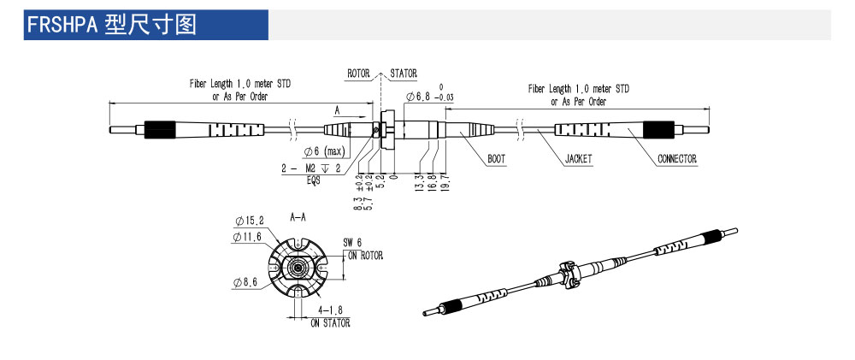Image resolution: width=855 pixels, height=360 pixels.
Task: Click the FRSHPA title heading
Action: point(112,25)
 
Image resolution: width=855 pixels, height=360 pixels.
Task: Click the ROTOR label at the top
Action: point(358,73)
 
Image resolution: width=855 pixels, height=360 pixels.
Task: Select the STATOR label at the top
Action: point(404,73)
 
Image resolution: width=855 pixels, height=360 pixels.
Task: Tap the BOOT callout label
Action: point(496,159)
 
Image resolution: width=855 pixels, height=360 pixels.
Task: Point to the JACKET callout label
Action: point(579,159)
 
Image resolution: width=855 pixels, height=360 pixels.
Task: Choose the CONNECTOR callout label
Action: point(676,159)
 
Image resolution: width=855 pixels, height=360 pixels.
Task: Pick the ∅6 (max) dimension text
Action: point(324,150)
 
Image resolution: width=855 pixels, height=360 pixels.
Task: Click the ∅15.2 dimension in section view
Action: point(250,221)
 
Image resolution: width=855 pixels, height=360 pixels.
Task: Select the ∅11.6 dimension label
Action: point(247,237)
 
